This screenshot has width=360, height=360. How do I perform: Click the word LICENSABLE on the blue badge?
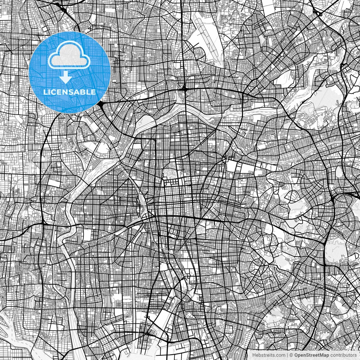tap(69, 92)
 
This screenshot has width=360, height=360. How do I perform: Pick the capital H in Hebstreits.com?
tap(254, 355)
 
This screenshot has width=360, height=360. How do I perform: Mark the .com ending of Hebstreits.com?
tap(280, 355)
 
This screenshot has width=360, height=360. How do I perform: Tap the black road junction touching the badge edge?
tap(101, 105)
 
